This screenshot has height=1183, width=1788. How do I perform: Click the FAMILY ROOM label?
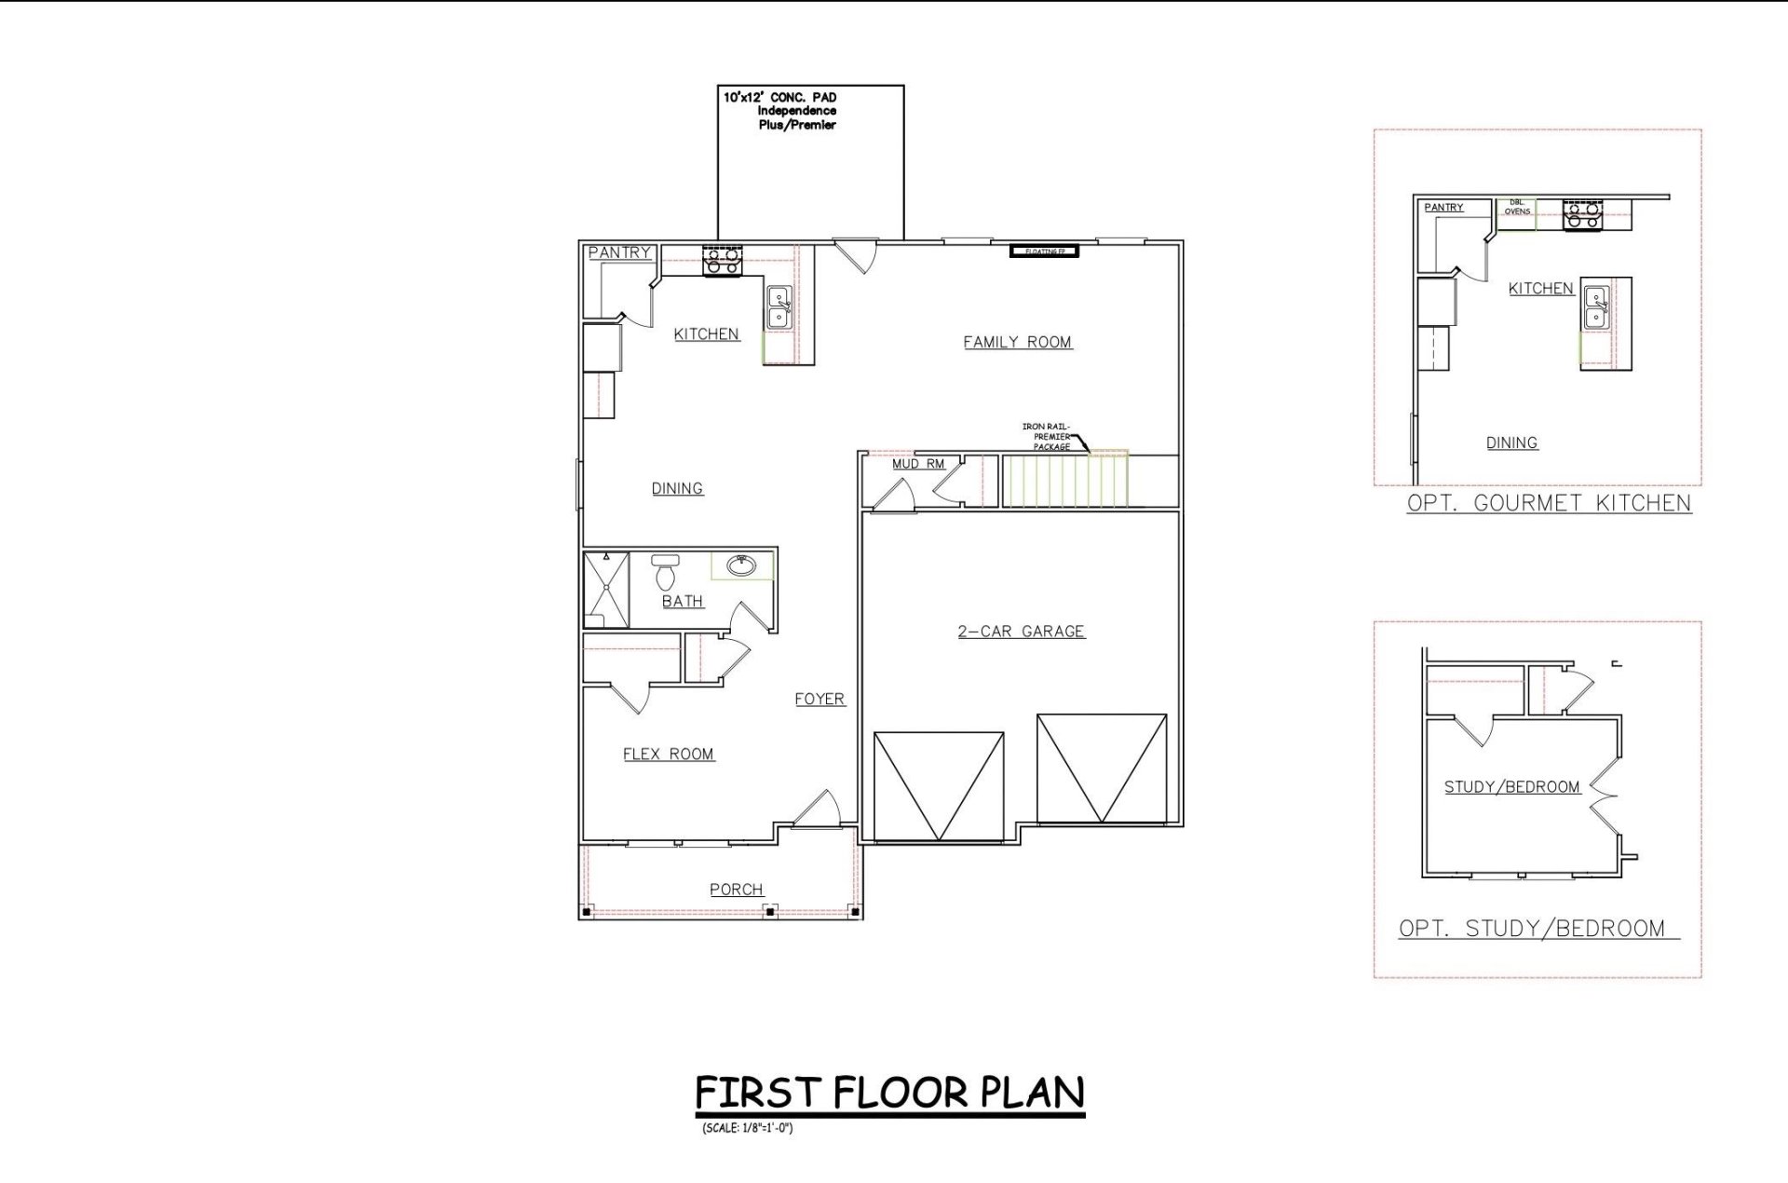coord(1017,342)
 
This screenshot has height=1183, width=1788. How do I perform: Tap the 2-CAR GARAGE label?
coord(1021,631)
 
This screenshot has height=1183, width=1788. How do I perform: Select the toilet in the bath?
coord(665,572)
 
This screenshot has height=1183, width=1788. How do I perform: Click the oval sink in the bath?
coord(742,564)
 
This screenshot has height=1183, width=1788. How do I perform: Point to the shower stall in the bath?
coord(606,590)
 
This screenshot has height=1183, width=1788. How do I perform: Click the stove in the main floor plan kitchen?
coord(722,260)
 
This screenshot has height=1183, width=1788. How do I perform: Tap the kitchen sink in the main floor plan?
coord(779,307)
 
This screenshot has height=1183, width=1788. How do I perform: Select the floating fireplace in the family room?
coord(1044,252)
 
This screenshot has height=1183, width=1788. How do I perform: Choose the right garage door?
coord(1102,768)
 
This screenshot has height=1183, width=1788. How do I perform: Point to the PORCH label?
coord(736,890)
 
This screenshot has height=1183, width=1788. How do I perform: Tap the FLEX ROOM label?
coord(668,754)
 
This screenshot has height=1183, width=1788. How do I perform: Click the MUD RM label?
coord(918,464)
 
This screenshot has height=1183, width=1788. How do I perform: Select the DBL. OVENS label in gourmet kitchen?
coord(1517,208)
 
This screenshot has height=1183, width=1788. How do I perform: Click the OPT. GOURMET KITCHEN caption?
coord(1549,503)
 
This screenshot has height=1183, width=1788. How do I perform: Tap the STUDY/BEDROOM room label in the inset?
coord(1511,787)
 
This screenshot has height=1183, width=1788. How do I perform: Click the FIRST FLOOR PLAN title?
coord(889,1092)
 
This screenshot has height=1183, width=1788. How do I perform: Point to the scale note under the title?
coord(748,1129)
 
